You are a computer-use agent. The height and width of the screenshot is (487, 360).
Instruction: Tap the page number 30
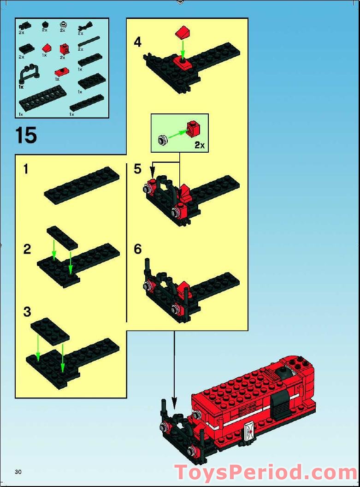click(18, 471)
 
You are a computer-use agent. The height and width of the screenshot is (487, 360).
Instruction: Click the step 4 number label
click(137, 42)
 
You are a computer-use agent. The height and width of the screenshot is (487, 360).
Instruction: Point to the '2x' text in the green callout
click(199, 145)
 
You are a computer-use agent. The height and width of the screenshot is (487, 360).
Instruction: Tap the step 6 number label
click(137, 249)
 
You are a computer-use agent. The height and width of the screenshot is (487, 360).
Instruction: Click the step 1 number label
click(26, 169)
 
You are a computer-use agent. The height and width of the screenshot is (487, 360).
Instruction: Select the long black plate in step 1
click(82, 185)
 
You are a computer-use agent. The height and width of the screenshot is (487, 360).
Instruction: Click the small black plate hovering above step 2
click(62, 237)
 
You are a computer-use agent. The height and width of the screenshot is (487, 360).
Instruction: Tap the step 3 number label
click(27, 312)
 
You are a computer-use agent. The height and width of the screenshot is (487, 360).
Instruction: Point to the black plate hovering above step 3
click(50, 331)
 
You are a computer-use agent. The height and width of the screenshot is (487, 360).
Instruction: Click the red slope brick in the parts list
click(46, 47)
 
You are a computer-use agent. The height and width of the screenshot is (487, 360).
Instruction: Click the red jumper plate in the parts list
click(60, 71)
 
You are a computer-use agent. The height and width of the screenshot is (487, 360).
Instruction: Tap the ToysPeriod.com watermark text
click(266, 473)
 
